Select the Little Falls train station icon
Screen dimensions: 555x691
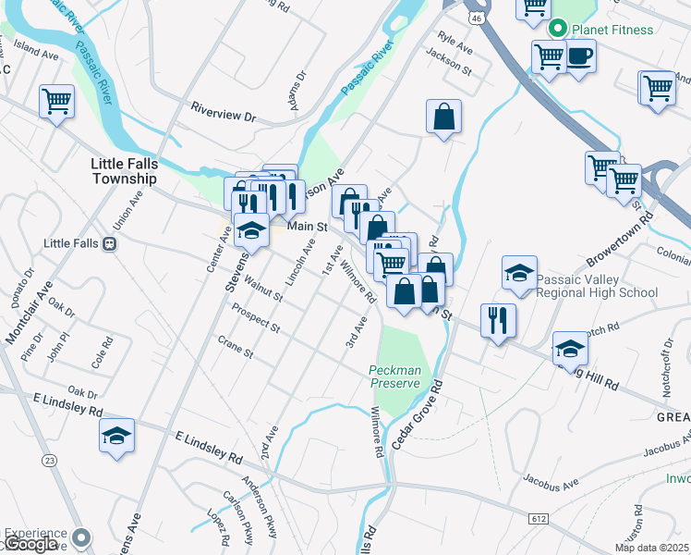click(x=109, y=244)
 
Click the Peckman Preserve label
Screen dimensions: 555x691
click(x=395, y=376)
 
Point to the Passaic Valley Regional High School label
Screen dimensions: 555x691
click(x=598, y=286)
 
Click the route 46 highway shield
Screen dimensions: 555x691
click(x=476, y=17)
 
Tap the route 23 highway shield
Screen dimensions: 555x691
click(x=48, y=459)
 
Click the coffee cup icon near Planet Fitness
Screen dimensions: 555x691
click(x=579, y=55)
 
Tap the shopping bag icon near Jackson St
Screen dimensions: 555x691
click(x=444, y=117)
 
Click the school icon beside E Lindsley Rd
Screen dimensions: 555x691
click(x=117, y=436)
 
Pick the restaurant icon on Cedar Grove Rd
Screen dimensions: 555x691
click(x=498, y=320)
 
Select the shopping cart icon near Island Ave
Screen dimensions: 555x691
click(x=56, y=101)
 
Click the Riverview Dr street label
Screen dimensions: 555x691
click(x=222, y=114)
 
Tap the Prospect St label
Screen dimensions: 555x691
click(x=256, y=317)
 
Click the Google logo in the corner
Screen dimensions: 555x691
click(x=30, y=544)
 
